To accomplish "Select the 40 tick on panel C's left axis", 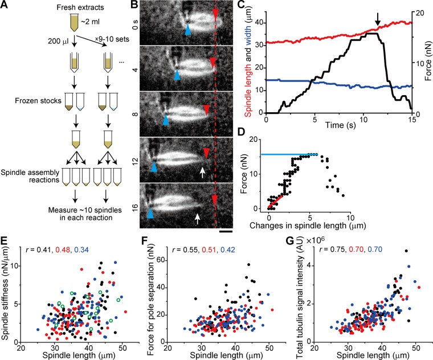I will coord(260,23).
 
